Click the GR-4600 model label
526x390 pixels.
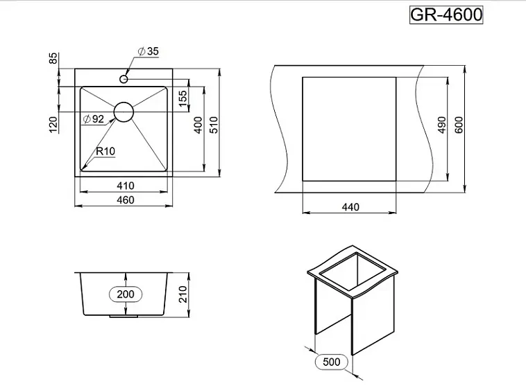[x=446, y=15]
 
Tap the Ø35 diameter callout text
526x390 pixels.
[x=148, y=51]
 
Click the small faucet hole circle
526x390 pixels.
[x=124, y=79]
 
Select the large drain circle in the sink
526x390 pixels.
[x=124, y=112]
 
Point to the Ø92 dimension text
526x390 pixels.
[x=94, y=119]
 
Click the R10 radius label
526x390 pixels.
[x=105, y=151]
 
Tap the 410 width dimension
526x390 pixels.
[x=126, y=186]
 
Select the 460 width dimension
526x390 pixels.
[x=126, y=200]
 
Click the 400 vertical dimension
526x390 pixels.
[x=198, y=125]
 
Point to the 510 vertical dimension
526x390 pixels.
[x=214, y=125]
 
